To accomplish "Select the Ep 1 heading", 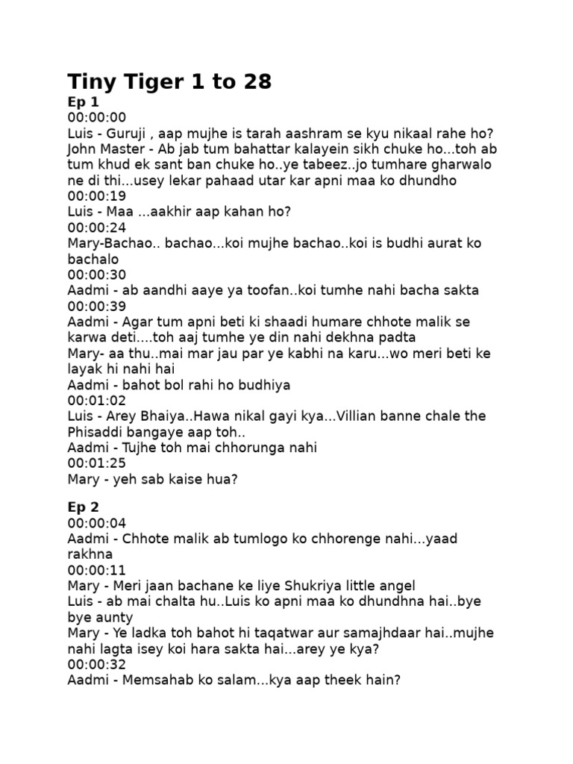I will [83, 101].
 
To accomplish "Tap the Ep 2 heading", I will [83, 507].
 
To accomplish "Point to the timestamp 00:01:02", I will [97, 400].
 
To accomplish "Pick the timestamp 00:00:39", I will [97, 306].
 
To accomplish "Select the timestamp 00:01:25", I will [97, 463].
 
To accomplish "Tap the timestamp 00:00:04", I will [97, 524].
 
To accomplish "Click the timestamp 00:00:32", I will [97, 664].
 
